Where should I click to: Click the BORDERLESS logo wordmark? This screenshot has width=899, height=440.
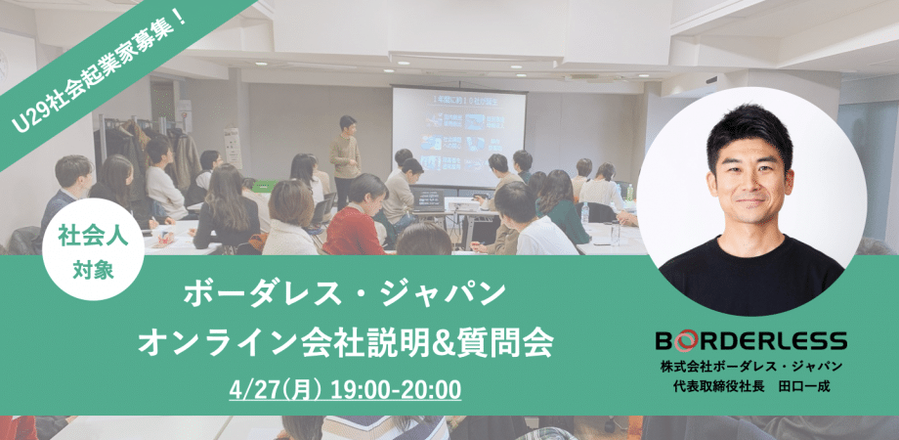[x=751, y=341]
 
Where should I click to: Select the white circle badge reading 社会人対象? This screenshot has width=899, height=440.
[x=94, y=249]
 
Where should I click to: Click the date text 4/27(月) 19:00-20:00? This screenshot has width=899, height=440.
[x=345, y=390]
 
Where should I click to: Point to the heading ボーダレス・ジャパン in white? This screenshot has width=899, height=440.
[x=345, y=294]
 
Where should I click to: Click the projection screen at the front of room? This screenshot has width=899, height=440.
[x=458, y=137]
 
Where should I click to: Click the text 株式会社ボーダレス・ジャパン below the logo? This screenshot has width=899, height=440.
[x=751, y=367]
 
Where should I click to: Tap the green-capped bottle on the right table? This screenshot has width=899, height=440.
[x=629, y=193]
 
